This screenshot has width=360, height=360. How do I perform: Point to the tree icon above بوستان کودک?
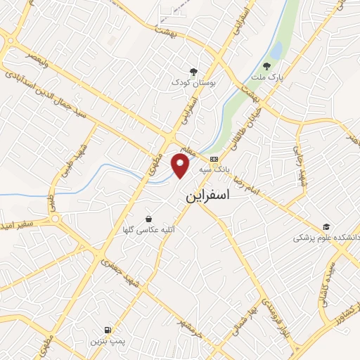[x=193, y=72]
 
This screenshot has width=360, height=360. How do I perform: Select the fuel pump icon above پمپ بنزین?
[x=107, y=329]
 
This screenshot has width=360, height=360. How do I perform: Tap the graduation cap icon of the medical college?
[x=326, y=226]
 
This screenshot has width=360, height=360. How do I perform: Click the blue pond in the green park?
[x=276, y=51]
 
